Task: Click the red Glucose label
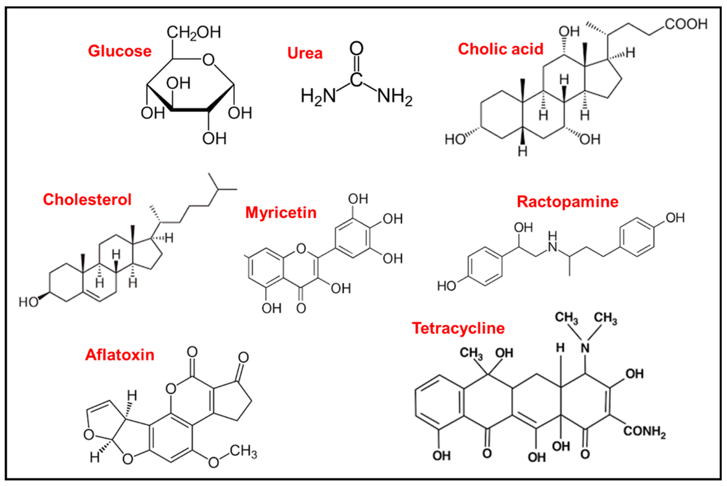coord(120,51)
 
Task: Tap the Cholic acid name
coord(500,49)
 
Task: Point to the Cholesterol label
coord(87,200)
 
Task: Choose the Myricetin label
coord(281,213)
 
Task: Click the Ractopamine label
coord(567,202)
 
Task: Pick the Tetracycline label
coord(458,328)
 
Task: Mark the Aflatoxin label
coord(120,355)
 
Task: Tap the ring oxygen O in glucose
coord(208,60)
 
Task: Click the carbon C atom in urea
coord(356,79)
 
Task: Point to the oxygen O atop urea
coord(356,49)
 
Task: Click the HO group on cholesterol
coord(28,302)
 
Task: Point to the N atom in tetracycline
coord(585,348)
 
